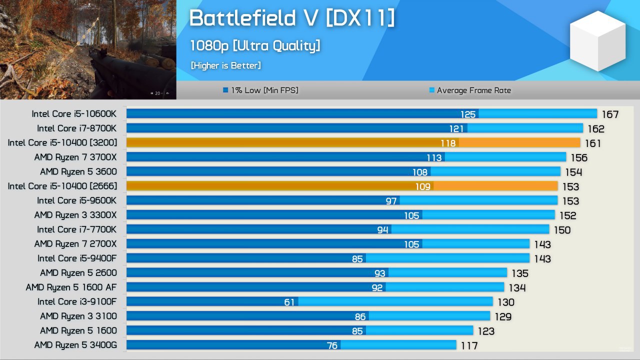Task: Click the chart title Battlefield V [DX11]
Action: point(291,18)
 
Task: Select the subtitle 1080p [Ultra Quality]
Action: point(254,46)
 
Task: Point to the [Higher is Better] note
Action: point(225,65)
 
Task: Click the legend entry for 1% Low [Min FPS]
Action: point(260,90)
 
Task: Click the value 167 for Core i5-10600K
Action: point(610,114)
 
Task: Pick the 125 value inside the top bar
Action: point(468,114)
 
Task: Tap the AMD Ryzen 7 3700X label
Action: point(75,157)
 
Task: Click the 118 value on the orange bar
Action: point(448,143)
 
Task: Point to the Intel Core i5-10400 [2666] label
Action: point(62,186)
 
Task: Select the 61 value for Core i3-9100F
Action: point(289,302)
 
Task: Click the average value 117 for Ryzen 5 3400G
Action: point(469,345)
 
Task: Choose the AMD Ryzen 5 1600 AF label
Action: point(71,287)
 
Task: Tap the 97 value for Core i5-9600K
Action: point(391,201)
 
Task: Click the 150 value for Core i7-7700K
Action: point(562,230)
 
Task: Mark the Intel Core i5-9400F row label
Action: point(77,258)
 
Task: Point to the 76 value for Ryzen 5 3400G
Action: point(332,345)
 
